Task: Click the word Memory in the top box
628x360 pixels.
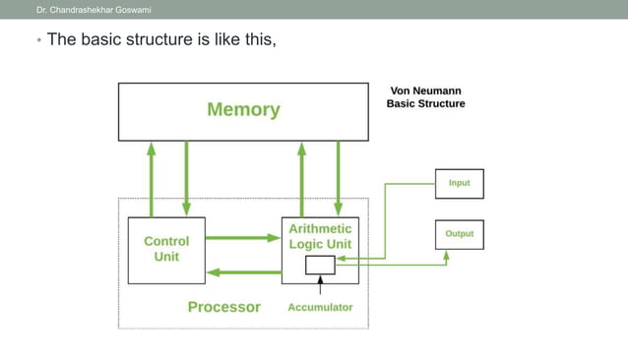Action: pyautogui.click(x=242, y=110)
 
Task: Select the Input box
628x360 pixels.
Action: pyautogui.click(x=459, y=183)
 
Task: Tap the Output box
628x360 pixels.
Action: pyautogui.click(x=459, y=234)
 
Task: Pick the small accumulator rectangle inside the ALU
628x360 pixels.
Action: pyautogui.click(x=320, y=265)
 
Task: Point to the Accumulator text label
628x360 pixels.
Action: pyautogui.click(x=320, y=307)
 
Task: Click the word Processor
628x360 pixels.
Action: pyautogui.click(x=224, y=307)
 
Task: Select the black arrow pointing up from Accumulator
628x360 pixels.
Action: pyautogui.click(x=320, y=284)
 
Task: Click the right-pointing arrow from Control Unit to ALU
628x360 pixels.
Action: pyautogui.click(x=242, y=237)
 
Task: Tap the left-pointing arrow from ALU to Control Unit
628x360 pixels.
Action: pyautogui.click(x=242, y=271)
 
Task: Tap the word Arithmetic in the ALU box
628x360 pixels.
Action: pyautogui.click(x=320, y=229)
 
